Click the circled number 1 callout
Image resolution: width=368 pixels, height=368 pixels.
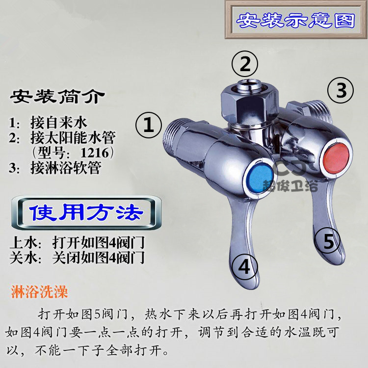pyautogui.click(x=148, y=125)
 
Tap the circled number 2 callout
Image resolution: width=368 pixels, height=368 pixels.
pyautogui.click(x=245, y=64)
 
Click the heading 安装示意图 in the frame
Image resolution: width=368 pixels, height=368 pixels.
pyautogui.click(x=296, y=20)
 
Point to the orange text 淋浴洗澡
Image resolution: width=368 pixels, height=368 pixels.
pyautogui.click(x=39, y=292)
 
